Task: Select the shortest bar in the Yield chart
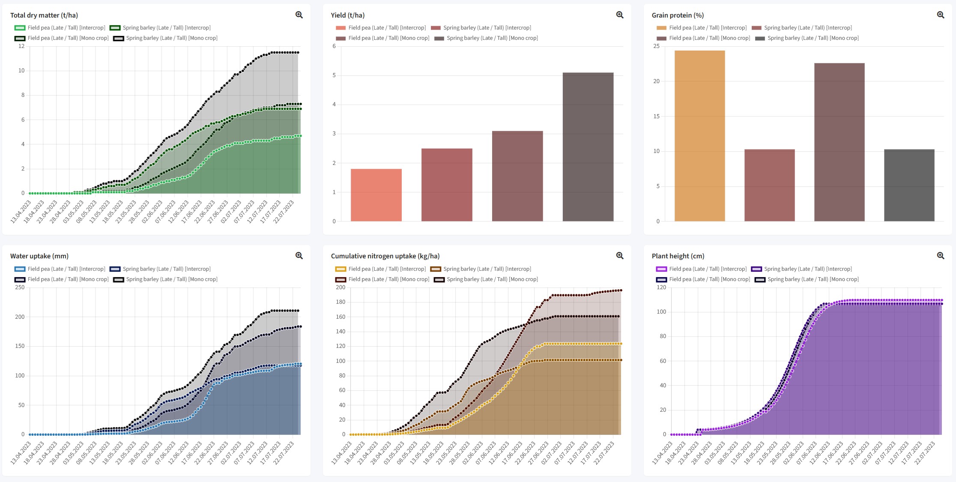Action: [376, 195]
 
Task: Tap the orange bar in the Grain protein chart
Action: [699, 136]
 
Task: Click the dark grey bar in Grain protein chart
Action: [909, 185]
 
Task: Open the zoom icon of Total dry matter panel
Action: [299, 15]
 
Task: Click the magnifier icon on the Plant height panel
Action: [941, 256]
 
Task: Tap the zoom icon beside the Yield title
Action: [620, 15]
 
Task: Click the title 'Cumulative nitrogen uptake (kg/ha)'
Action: [385, 256]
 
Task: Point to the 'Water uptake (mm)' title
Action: [39, 256]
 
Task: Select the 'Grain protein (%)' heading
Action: [678, 15]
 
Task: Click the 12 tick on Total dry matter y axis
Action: [21, 46]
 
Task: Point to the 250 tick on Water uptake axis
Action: [20, 287]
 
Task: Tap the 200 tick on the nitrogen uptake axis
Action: [341, 287]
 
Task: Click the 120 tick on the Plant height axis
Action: [661, 287]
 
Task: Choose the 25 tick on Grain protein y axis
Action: [656, 46]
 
